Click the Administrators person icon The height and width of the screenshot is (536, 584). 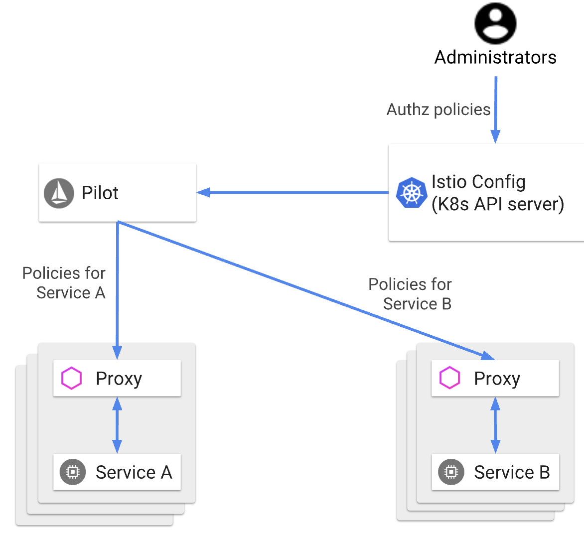[x=495, y=23]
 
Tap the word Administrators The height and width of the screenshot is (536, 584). [x=495, y=57]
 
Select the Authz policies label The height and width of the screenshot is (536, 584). [x=438, y=110]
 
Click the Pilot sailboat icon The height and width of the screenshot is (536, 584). [x=59, y=193]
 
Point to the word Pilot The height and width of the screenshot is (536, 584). [x=100, y=193]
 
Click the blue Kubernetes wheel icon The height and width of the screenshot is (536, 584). [x=412, y=193]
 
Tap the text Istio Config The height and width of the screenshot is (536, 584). [x=478, y=182]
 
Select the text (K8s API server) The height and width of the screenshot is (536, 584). [x=497, y=204]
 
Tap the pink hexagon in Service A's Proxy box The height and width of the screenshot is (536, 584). [x=71, y=379]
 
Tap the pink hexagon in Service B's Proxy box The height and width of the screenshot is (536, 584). [x=449, y=379]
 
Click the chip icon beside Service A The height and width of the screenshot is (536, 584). [x=73, y=472]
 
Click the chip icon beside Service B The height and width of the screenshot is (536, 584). [x=451, y=472]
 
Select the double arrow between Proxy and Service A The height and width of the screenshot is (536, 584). [x=117, y=425]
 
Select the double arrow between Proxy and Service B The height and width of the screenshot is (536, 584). [x=495, y=425]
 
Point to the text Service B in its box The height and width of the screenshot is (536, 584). [x=512, y=472]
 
